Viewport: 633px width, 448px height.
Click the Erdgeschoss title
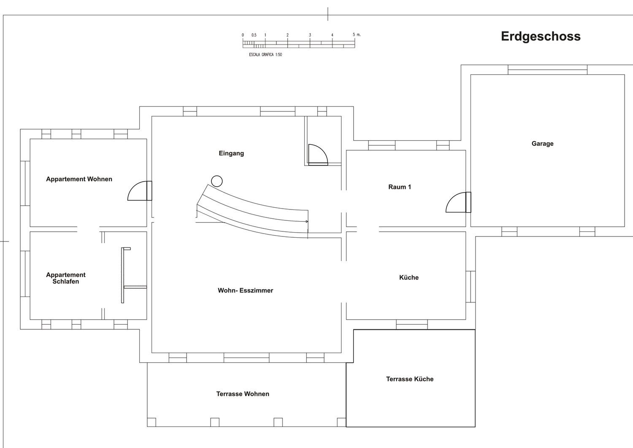[x=541, y=36]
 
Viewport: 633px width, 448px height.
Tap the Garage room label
[x=542, y=144]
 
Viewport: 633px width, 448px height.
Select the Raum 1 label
[x=400, y=187]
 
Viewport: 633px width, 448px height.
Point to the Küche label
[x=409, y=277]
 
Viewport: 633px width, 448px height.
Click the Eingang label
[x=231, y=153]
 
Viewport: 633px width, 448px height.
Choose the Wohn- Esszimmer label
[x=245, y=291]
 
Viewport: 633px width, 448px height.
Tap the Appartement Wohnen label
[x=79, y=179]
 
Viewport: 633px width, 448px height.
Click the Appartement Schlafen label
[x=65, y=278]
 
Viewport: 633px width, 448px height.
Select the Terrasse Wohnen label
[x=243, y=394]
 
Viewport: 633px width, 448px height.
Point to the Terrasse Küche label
[x=410, y=379]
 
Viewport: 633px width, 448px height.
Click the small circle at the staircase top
[x=217, y=181]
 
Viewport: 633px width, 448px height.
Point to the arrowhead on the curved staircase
[x=307, y=221]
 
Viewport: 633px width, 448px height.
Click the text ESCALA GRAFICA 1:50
[x=265, y=54]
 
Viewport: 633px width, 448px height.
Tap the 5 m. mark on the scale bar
[x=356, y=35]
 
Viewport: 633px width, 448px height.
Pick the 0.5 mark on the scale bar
[x=254, y=35]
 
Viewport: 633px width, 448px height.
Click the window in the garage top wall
[x=547, y=70]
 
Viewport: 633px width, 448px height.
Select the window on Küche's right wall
[x=471, y=287]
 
